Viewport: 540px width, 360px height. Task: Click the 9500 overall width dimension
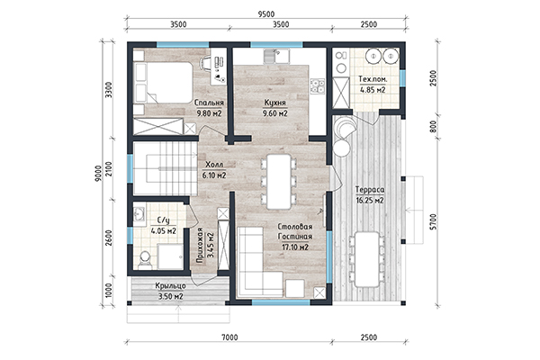(x=266, y=14)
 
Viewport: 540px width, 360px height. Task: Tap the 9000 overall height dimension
(x=98, y=173)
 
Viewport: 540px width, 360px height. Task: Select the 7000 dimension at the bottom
(x=229, y=337)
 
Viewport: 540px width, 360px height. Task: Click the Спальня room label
(x=209, y=103)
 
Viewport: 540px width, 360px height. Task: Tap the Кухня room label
(x=275, y=103)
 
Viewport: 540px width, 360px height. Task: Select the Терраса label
(x=370, y=190)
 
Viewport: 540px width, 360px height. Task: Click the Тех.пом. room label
(x=373, y=79)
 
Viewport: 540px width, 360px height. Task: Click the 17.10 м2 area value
(x=295, y=247)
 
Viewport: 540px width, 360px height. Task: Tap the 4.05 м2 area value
(x=164, y=230)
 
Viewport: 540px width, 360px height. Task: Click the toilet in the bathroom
(x=145, y=259)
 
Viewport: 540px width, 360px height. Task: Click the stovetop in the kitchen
(x=317, y=86)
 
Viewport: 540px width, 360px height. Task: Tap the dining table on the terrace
(x=367, y=259)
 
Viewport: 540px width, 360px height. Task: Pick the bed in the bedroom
(x=163, y=83)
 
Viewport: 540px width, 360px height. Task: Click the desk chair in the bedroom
(x=205, y=63)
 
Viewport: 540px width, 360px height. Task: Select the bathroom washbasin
(x=139, y=214)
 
